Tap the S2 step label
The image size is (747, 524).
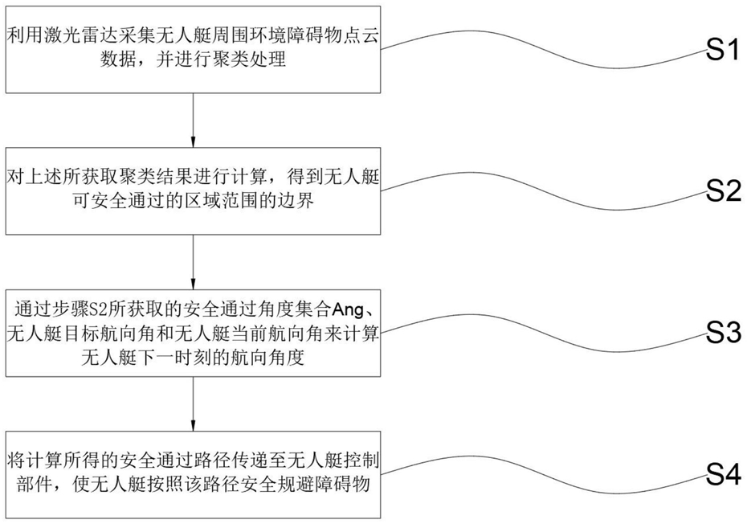click(722, 192)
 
